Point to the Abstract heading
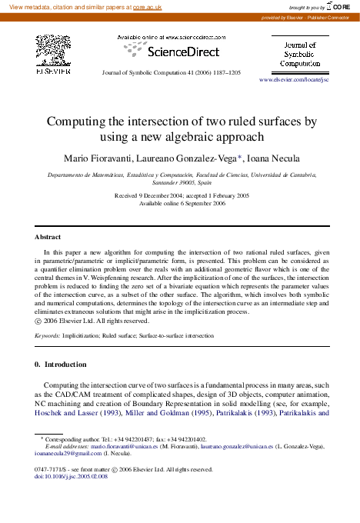(48, 237)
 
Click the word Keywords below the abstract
(48, 336)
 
